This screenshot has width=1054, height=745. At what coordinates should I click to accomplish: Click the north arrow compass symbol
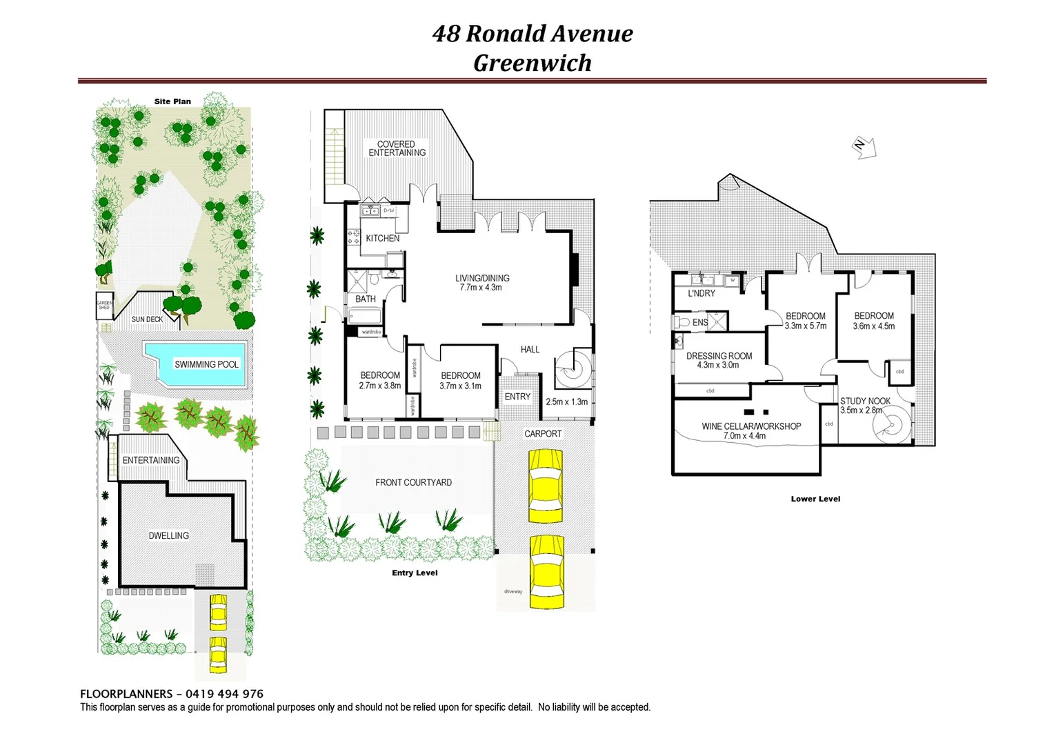click(864, 147)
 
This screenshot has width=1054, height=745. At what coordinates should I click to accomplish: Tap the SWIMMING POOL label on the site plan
click(206, 364)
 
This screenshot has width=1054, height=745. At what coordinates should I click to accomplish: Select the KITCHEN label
click(382, 238)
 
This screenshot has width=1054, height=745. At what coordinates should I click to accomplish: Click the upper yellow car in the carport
click(546, 486)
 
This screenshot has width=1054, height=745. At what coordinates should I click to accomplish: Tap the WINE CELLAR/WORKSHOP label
click(751, 426)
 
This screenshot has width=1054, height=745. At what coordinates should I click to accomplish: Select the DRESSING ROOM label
click(719, 356)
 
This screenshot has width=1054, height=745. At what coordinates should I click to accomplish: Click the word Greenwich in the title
click(532, 63)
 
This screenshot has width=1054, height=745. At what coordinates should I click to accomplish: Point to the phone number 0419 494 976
click(224, 694)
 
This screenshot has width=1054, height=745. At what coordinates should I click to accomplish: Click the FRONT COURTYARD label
click(413, 482)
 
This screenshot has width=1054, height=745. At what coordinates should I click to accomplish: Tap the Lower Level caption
click(815, 499)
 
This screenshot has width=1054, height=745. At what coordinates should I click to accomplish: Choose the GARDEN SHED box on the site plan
click(103, 305)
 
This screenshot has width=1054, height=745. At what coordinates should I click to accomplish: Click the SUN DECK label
click(147, 319)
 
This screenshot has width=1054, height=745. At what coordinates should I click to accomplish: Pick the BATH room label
click(366, 299)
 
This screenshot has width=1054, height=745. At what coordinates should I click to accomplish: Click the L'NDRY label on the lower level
click(702, 293)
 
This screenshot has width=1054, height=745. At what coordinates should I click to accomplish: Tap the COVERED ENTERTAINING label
click(397, 148)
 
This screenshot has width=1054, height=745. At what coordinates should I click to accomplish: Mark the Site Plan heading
click(172, 101)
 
